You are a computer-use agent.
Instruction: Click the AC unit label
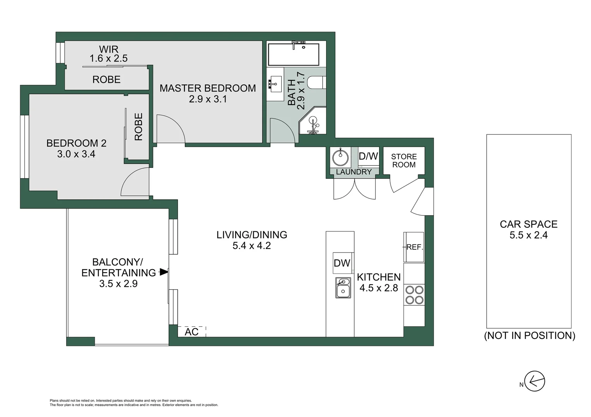click(191, 332)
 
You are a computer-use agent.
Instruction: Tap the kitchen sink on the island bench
click(343, 288)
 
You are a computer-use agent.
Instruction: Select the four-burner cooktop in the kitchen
click(413, 295)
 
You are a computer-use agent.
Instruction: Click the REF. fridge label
click(415, 247)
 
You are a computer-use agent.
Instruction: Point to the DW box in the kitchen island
click(342, 263)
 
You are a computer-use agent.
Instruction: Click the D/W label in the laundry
click(368, 156)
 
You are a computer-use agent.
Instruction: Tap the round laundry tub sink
click(340, 157)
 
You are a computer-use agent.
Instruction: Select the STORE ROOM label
click(403, 161)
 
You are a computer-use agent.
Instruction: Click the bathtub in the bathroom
click(294, 54)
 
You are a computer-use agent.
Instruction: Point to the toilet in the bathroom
click(317, 83)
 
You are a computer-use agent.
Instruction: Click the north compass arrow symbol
click(535, 381)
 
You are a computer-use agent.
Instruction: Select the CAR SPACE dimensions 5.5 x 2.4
click(528, 235)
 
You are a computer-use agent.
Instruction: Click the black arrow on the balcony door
click(164, 272)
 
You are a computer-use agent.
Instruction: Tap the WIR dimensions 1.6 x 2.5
click(109, 59)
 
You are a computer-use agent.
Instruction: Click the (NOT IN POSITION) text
click(530, 336)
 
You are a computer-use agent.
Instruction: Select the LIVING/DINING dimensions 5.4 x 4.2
click(251, 245)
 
